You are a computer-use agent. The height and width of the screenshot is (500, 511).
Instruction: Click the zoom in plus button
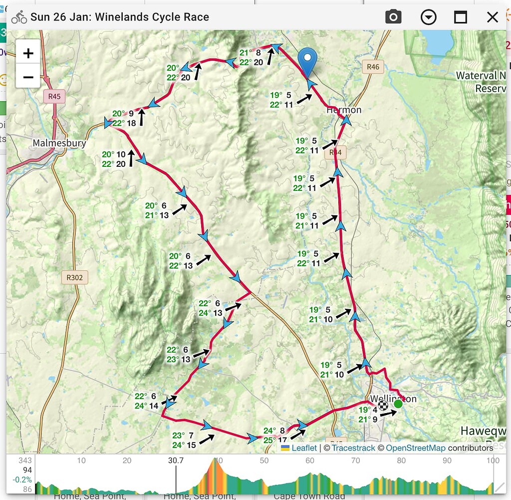pos(28,53)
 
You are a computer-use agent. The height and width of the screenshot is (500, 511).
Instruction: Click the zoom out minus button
pos(28,77)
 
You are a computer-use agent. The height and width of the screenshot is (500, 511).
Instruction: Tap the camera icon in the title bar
pos(393,17)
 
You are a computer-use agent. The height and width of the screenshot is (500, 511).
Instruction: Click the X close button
pos(492,17)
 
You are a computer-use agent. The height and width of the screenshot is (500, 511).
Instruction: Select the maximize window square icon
pos(460,17)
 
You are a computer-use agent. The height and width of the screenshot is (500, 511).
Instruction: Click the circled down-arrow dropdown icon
pos(428,17)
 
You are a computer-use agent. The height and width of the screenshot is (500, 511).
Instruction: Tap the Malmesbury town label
pos(59,143)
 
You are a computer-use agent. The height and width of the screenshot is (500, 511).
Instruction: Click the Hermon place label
pos(343,110)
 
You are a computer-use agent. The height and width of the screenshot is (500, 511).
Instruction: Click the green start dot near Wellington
pos(398,404)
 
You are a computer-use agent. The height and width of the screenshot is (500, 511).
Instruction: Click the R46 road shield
pos(373,67)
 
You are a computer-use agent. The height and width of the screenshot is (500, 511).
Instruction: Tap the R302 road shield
pos(74,277)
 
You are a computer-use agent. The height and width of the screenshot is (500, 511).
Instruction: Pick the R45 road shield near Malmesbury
pos(54,97)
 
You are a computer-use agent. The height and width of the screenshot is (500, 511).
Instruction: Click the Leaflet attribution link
pos(304,448)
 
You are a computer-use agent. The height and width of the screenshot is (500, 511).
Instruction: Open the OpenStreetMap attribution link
pos(415,448)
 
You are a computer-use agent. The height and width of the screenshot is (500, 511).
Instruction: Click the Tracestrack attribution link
pos(353,448)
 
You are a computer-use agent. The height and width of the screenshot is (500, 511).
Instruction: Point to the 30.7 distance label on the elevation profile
pos(176,461)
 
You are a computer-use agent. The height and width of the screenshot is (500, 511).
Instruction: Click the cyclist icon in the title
pos(19,17)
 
